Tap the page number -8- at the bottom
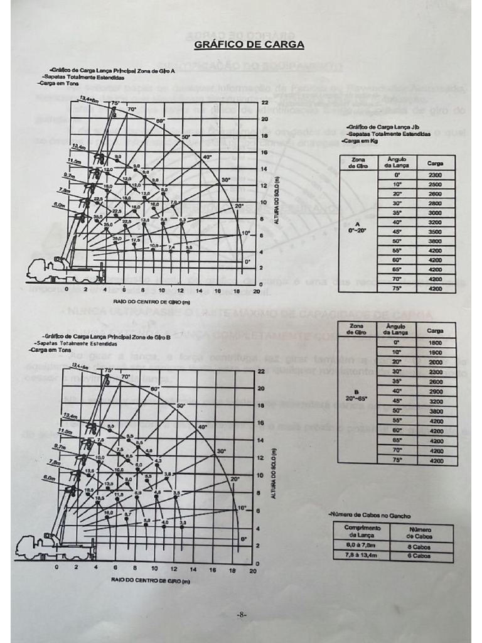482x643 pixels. [241, 615]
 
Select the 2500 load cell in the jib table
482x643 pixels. [435, 185]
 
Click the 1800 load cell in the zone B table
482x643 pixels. [435, 343]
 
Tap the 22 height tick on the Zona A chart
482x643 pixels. [265, 102]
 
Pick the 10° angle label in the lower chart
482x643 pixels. [242, 507]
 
